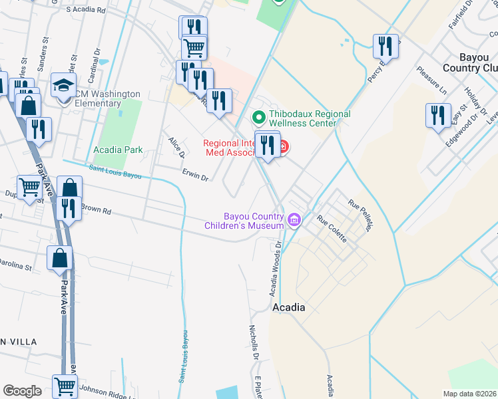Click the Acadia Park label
point(118,150)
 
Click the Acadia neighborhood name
point(289,308)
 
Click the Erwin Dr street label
point(196,174)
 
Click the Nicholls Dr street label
point(253,342)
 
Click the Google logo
point(22,390)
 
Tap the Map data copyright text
point(470,394)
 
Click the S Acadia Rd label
point(87,11)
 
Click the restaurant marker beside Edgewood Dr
point(437,115)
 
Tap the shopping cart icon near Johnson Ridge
point(65,386)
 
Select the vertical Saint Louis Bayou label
point(182,358)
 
